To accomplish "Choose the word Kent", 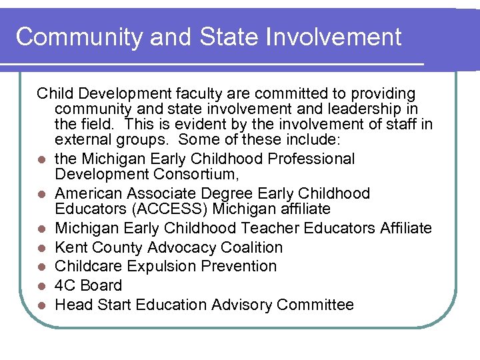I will [x=71, y=247].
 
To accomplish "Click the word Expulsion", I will [x=154, y=266].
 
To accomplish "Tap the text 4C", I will [x=65, y=285].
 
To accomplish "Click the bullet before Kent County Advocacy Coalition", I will [x=41, y=248].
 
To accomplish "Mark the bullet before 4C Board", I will [x=41, y=286].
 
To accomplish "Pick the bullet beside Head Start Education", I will [x=41, y=305].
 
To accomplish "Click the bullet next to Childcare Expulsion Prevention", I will [x=41, y=267].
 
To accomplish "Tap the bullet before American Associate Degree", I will [x=41, y=194].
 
